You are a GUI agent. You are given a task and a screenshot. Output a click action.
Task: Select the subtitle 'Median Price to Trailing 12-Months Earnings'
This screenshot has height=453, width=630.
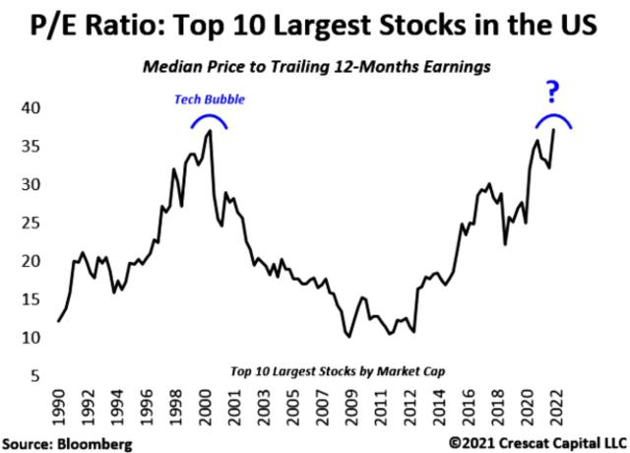[x=315, y=68]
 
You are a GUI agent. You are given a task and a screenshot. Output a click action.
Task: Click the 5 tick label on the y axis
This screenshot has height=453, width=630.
[x=36, y=375]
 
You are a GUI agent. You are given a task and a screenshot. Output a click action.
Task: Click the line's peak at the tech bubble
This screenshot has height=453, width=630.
[x=209, y=131]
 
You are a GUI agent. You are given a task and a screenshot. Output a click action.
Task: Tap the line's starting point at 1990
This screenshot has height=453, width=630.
[x=58, y=321]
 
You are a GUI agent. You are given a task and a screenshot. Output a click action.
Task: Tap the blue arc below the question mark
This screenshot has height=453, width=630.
[x=553, y=118]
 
